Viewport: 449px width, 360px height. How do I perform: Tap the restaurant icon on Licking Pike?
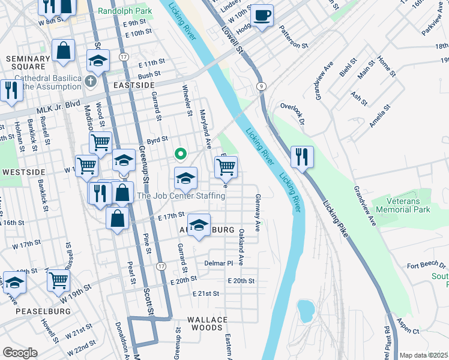click(x=302, y=158)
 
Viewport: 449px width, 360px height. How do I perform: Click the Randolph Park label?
click(x=125, y=11)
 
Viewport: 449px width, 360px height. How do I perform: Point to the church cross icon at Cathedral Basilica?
click(x=90, y=81)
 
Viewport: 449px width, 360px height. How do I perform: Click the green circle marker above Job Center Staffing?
click(x=179, y=154)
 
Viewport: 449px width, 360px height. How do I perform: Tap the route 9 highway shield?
click(x=262, y=86)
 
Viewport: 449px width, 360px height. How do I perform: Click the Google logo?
click(x=20, y=353)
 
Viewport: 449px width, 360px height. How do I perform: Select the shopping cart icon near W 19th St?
click(x=58, y=280)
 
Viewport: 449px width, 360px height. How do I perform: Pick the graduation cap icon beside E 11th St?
click(x=98, y=60)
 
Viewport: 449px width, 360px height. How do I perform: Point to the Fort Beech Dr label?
click(x=426, y=265)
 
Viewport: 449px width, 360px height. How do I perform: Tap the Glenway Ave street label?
click(x=258, y=212)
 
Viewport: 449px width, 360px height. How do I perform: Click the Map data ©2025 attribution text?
click(x=423, y=355)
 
